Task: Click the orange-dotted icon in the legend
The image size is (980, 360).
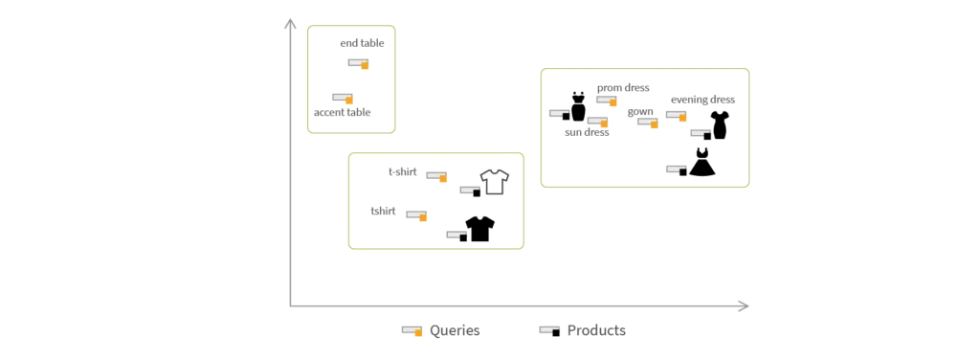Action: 412,329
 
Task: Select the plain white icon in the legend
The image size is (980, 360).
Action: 550,329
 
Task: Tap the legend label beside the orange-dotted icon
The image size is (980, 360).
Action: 455,329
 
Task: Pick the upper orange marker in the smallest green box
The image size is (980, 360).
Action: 359,63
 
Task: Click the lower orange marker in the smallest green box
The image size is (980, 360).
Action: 344,99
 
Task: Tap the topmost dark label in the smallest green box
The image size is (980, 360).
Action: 364,45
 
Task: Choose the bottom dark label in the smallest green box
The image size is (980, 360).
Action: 344,115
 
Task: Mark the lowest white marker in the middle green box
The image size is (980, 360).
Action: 456,236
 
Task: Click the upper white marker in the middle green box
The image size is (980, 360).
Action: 470,191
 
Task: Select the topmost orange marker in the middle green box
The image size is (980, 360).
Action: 436,176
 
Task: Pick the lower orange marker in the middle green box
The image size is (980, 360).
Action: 416,214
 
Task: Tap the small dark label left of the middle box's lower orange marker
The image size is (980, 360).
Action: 382,214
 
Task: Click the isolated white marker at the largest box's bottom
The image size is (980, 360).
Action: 673,169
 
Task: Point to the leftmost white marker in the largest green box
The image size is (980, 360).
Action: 556,114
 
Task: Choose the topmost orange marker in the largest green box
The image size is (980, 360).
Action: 605,99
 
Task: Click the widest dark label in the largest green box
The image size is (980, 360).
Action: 701,100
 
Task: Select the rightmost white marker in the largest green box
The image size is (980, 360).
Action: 700,130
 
